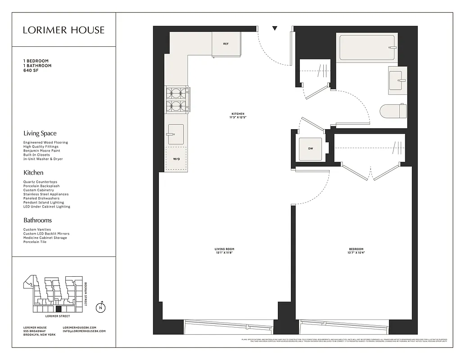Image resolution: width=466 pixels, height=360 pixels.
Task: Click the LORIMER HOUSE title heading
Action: click(64, 30)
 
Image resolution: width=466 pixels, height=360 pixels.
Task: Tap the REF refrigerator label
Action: click(226, 44)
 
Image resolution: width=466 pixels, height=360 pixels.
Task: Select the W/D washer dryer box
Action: click(176, 159)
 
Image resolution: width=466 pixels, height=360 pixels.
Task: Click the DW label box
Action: click(311, 148)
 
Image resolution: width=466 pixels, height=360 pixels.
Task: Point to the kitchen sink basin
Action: click(176, 134)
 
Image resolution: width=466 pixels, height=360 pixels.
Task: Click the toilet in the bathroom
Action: click(393, 111)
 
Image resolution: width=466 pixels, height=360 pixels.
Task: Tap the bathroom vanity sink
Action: click(398, 80)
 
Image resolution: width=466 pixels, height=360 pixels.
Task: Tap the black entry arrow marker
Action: click(275, 29)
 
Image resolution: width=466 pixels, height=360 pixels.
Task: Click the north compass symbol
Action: click(101, 308)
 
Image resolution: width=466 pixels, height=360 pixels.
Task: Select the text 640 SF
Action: click(31, 71)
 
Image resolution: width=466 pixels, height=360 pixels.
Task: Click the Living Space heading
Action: click(40, 133)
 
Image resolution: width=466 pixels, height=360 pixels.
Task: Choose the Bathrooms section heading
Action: click(37, 220)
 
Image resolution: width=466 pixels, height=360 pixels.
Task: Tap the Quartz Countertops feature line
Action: click(40, 182)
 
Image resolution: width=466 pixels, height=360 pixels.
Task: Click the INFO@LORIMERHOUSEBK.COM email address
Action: click(84, 331)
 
